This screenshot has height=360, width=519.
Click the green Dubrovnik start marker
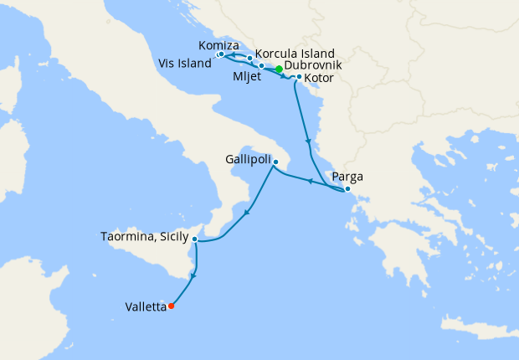click(279, 69)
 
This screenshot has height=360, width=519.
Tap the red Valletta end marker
click(171, 306)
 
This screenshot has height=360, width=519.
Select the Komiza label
click(220, 45)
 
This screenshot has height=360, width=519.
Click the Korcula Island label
click(295, 52)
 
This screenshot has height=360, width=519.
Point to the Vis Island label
click(185, 64)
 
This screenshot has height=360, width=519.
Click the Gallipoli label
click(248, 158)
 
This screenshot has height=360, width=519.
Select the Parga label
click(347, 177)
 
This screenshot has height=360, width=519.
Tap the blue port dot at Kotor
click(299, 77)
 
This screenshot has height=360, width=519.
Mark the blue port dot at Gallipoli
click(276, 160)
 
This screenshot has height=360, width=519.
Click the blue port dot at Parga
click(347, 188)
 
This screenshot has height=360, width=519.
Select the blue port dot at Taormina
click(194, 239)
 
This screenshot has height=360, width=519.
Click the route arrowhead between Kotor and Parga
click(309, 141)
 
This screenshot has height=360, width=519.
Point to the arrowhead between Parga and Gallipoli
click(310, 181)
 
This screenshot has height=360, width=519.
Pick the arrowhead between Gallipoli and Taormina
click(246, 213)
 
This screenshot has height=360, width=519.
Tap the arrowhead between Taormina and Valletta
click(194, 275)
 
